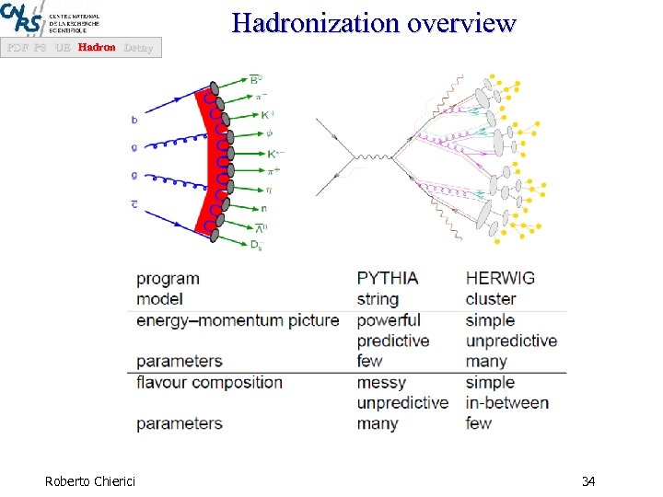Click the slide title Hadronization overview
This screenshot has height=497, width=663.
[374, 22]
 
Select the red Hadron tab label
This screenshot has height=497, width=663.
[97, 47]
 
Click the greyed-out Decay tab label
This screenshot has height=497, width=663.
[137, 47]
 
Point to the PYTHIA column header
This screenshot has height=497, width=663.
[388, 278]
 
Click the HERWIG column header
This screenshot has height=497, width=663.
[500, 278]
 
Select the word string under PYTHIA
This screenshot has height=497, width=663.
[378, 299]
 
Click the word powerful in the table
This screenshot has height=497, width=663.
[389, 320]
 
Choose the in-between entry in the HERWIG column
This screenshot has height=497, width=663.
[506, 403]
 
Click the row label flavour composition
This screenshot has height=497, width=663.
[209, 382]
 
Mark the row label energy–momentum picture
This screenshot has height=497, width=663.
[238, 320]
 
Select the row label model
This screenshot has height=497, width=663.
[159, 299]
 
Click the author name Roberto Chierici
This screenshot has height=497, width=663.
[89, 481]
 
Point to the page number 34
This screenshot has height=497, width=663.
[588, 481]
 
